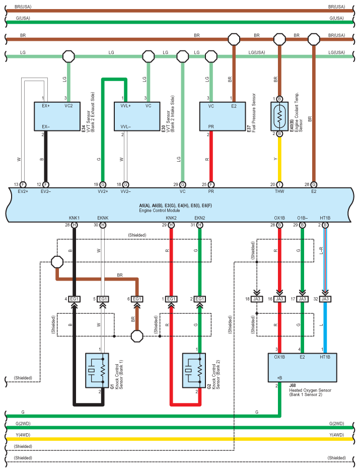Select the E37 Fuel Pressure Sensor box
coord(222,116)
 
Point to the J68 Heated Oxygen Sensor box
coord(302,368)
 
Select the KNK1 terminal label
coord(75,218)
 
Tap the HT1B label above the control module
coord(325,218)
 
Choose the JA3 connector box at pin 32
coord(325,299)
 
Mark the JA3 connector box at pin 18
coord(257,299)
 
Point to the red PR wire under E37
coord(210,159)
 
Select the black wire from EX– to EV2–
coord(46,159)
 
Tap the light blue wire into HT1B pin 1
coord(325,327)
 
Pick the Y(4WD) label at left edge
coord(24,435)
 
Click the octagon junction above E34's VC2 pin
coord(68,56)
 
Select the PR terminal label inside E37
coord(210,126)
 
